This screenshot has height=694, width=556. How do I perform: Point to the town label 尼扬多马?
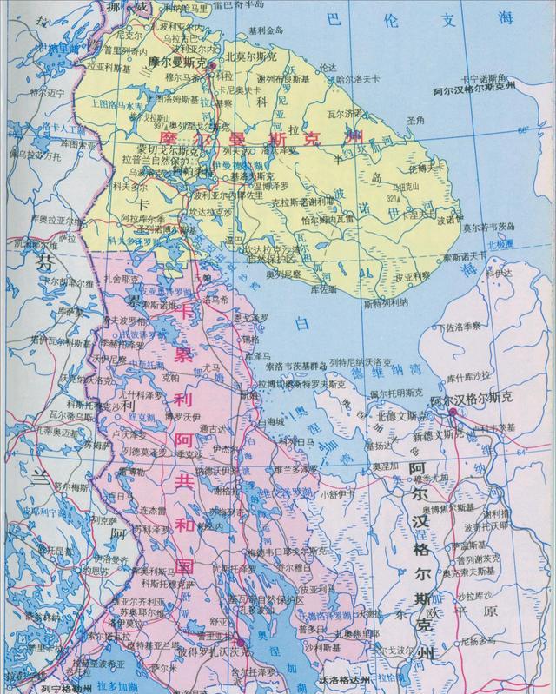pyautogui.click(x=479, y=640)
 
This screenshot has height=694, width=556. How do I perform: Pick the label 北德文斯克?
pyautogui.click(x=397, y=417)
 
